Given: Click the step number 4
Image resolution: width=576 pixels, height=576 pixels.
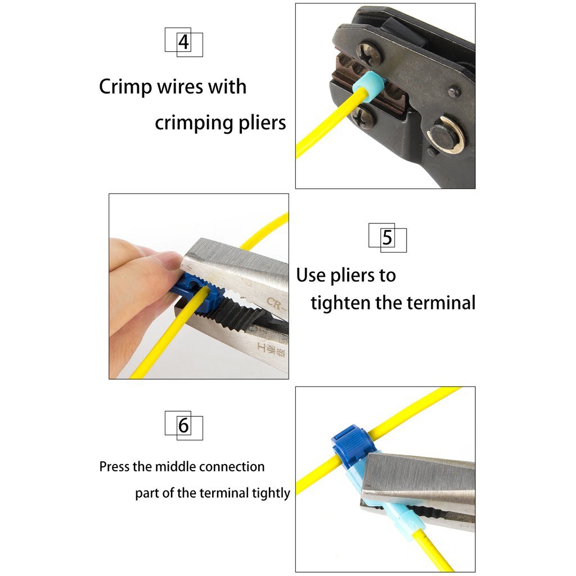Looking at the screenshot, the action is coord(184,42).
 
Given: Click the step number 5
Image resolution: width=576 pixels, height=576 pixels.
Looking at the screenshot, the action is coord(387,238).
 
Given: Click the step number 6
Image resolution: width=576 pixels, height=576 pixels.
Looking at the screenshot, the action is coord(184,425).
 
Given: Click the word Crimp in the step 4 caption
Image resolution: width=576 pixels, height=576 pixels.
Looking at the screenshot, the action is coord(125,87).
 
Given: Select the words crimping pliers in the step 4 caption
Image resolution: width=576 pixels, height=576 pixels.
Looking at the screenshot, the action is coord(220,123).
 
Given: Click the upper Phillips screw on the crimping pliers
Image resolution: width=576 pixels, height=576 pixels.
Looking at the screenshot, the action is coord(369,53).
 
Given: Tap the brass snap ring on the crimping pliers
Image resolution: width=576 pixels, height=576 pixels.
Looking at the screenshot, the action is coord(445,135).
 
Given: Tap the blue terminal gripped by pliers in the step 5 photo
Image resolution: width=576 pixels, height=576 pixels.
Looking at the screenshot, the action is coord(193,291).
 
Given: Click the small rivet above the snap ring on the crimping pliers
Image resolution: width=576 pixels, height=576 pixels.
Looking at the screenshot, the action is coord(454,92).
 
